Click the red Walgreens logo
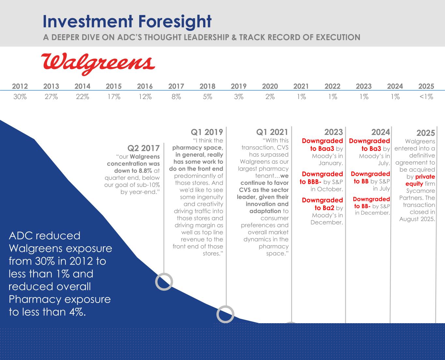click(98, 64)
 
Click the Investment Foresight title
click(127, 22)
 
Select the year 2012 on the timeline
click(20, 86)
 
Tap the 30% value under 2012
click(20, 97)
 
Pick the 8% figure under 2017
click(176, 97)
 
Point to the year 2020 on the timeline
click(270, 86)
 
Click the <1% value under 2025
click(426, 97)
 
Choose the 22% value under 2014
click(82, 97)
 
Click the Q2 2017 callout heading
click(143, 148)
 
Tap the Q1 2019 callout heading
click(207, 132)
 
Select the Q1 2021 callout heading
click(272, 132)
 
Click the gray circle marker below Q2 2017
click(164, 274)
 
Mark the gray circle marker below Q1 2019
click(225, 306)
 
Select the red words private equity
click(420, 180)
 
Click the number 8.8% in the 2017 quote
click(145, 171)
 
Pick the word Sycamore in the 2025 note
click(421, 191)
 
